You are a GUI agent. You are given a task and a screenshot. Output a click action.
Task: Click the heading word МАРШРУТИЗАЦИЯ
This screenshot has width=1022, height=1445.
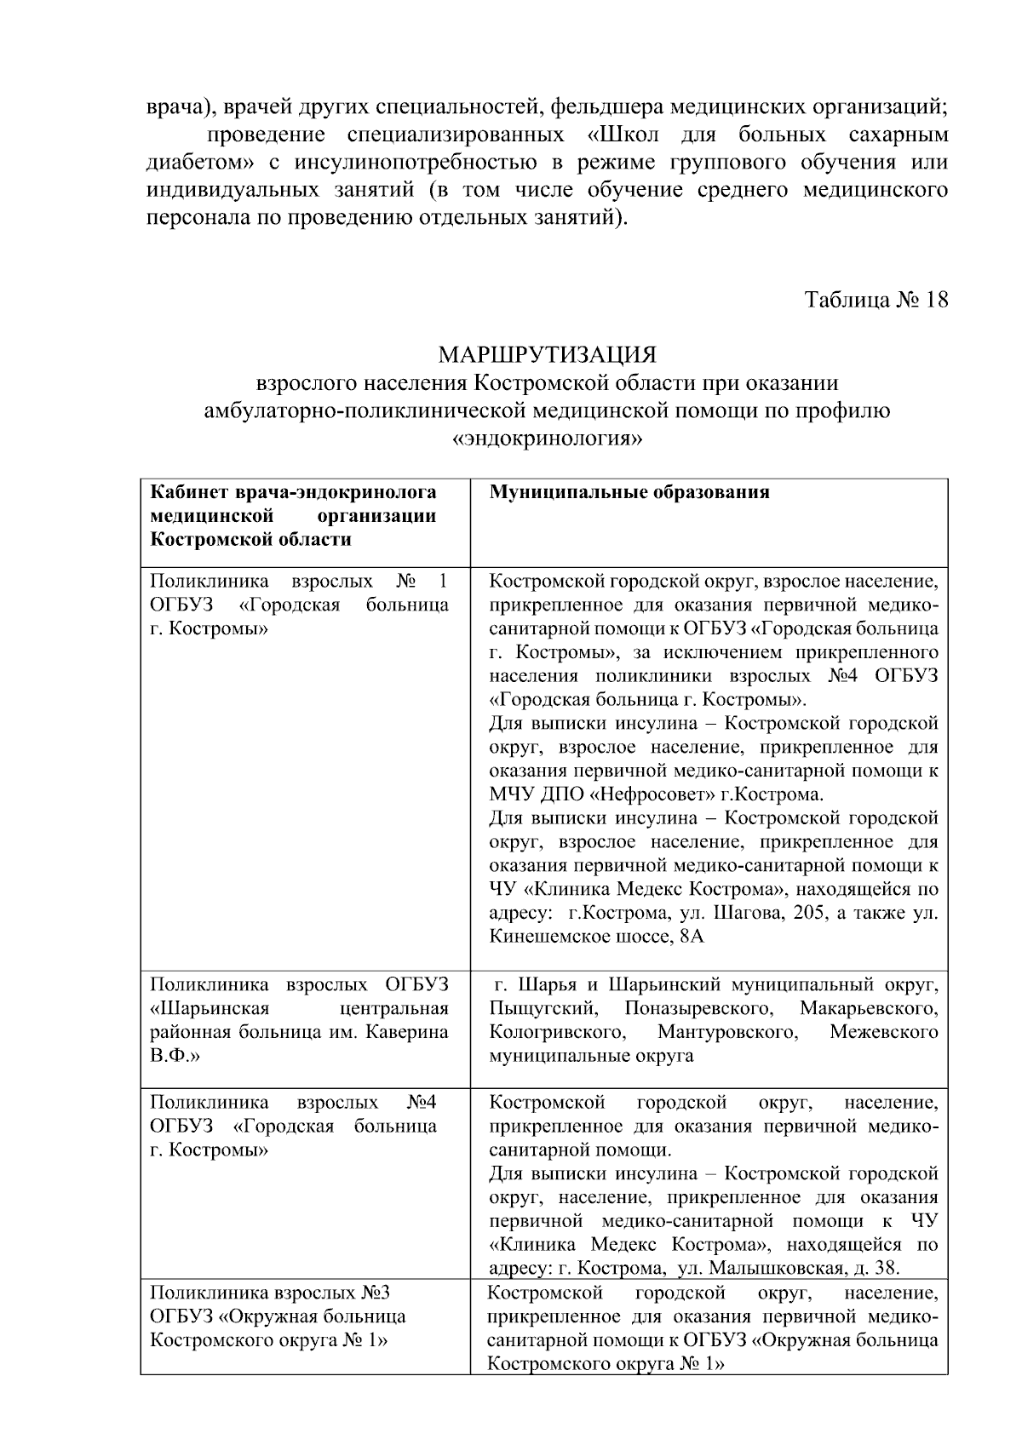click(547, 353)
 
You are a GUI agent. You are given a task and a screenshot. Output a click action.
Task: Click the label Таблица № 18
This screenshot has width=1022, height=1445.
click(876, 301)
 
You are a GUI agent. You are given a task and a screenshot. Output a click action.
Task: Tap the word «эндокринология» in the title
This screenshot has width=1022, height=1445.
click(547, 439)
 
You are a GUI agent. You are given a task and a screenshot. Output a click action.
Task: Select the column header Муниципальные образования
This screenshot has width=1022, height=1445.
click(629, 493)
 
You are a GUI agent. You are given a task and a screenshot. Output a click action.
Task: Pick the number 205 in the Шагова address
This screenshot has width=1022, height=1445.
click(812, 914)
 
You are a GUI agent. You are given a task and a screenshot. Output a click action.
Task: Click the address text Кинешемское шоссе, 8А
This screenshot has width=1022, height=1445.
click(597, 938)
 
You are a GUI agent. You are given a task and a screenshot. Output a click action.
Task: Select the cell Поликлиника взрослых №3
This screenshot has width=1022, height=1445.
click(270, 1293)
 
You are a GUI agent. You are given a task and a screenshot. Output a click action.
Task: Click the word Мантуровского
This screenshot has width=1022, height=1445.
click(727, 1033)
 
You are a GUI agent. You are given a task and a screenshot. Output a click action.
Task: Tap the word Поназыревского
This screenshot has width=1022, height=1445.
click(698, 1009)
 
